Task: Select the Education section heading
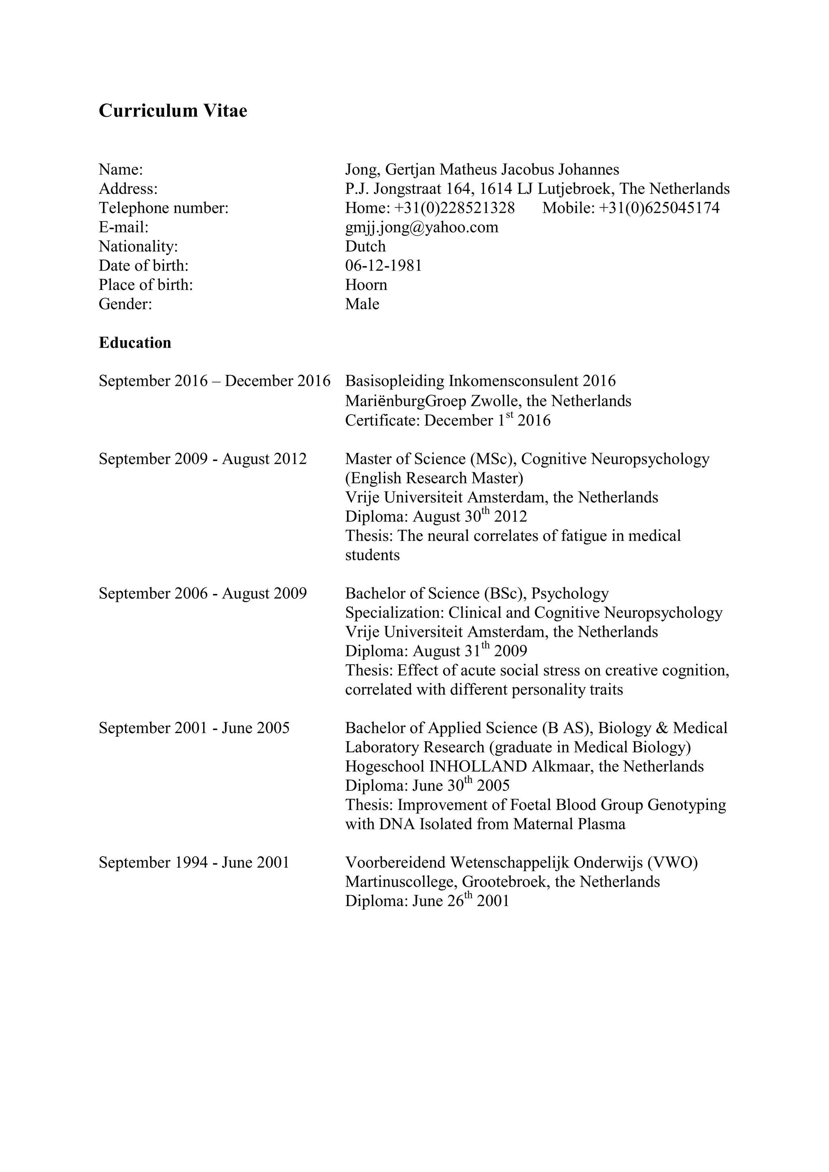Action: pyautogui.click(x=135, y=342)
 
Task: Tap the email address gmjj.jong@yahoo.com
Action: pyautogui.click(x=422, y=227)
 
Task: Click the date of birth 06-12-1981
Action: pyautogui.click(x=383, y=266)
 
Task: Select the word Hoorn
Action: pyautogui.click(x=366, y=285)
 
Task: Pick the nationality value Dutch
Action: pyautogui.click(x=365, y=247)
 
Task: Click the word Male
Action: pyautogui.click(x=362, y=304)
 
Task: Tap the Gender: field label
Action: pyautogui.click(x=125, y=304)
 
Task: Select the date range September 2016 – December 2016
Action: pyautogui.click(x=215, y=381)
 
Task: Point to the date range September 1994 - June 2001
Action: pyautogui.click(x=194, y=863)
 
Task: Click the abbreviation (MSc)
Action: pyautogui.click(x=493, y=459)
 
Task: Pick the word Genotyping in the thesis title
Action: pyautogui.click(x=686, y=805)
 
